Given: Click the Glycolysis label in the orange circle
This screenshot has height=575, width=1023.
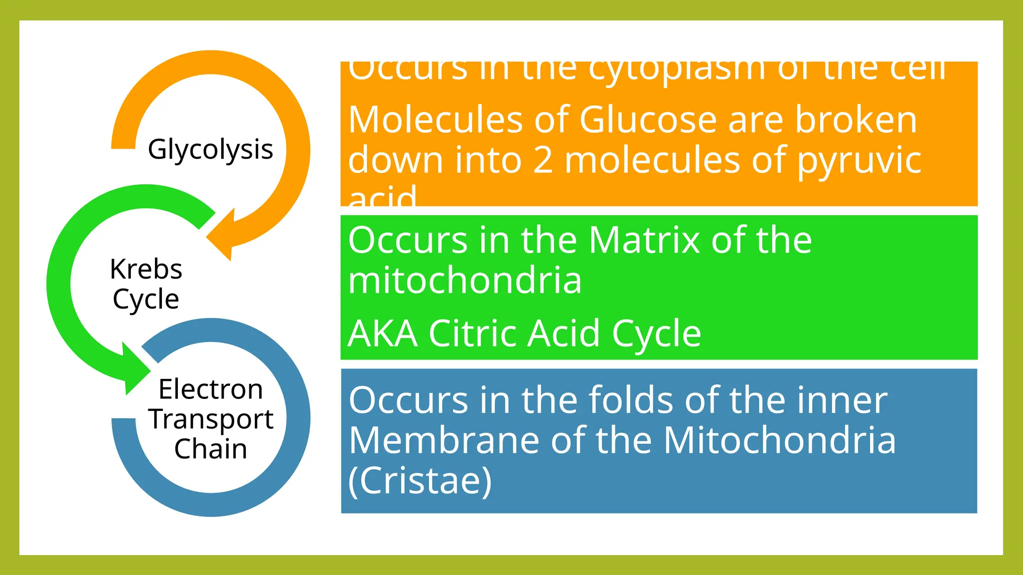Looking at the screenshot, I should [x=210, y=150].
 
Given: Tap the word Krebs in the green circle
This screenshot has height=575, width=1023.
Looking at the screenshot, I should [x=146, y=270].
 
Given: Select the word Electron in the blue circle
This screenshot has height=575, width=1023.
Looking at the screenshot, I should [x=210, y=389].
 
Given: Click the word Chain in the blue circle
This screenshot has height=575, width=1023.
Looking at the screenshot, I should [x=210, y=449].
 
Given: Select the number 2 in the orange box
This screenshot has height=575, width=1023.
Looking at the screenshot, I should [x=543, y=160].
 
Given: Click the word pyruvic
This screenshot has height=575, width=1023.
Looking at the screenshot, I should [x=859, y=161].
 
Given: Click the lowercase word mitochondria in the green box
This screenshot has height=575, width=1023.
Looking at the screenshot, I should [x=465, y=281].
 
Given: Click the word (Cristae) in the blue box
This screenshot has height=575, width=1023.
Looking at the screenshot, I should [x=420, y=481].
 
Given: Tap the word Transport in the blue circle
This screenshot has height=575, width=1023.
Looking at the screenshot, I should [x=210, y=419].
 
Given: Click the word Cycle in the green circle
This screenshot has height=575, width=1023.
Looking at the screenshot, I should [x=146, y=299].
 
